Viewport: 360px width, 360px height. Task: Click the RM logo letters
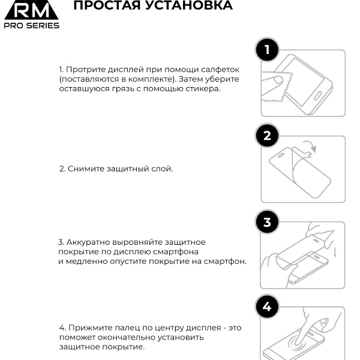point(31,11)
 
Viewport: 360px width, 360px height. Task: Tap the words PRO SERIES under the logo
point(31,25)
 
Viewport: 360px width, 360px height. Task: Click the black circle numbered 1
point(267,50)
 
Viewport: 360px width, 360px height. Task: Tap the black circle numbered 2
point(267,136)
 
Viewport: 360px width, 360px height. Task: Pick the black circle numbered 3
point(267,222)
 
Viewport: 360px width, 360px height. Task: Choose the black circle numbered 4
point(267,307)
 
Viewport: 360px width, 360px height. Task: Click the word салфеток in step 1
point(220,70)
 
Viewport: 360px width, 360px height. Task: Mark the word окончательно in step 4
point(124,337)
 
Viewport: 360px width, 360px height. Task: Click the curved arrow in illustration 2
point(311,145)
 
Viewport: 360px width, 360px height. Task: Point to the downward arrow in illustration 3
point(335,252)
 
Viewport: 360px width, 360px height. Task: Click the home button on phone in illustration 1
point(317,96)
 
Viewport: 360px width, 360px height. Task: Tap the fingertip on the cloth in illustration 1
point(278,80)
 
